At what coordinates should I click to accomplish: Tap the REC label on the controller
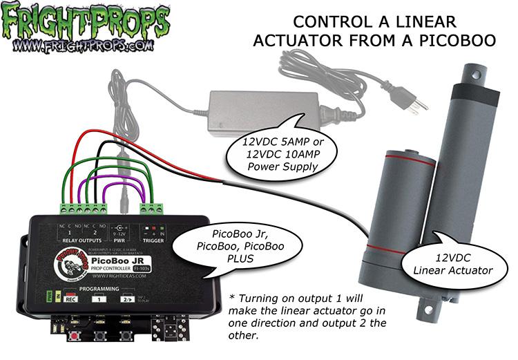[70, 299]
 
